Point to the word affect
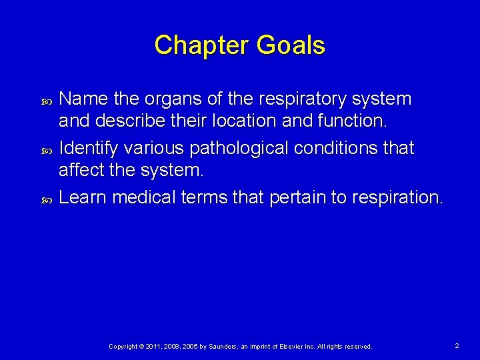pos(81,170)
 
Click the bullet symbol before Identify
pos(47,150)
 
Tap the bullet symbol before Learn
pos(47,199)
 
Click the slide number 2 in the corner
pos(457,346)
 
